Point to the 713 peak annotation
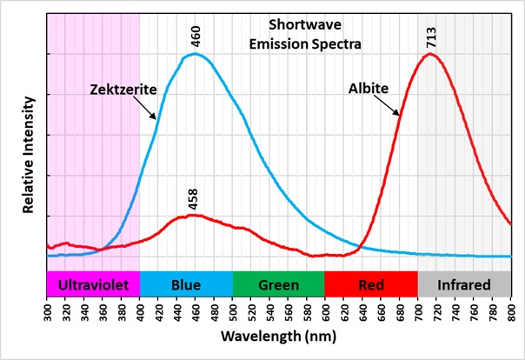(x=431, y=37)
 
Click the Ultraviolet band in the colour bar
(x=93, y=284)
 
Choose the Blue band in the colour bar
(x=186, y=284)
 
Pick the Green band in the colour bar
(x=278, y=284)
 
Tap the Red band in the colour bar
(x=371, y=284)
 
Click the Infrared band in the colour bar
(x=464, y=284)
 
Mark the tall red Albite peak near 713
(x=430, y=54)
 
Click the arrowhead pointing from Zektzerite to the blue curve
(x=156, y=117)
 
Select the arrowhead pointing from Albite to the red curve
(x=398, y=115)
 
